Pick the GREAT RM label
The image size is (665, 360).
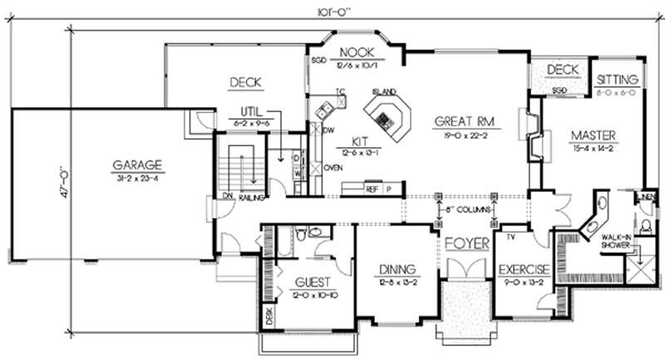pos(464,121)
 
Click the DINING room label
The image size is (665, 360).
pos(397,269)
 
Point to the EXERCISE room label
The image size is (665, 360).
pos(523,269)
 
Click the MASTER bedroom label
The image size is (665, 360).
pos(593,135)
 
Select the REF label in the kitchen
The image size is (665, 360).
pos(372,189)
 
